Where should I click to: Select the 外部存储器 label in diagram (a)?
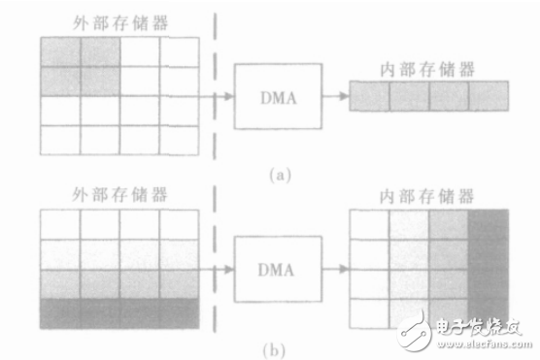coord(119,21)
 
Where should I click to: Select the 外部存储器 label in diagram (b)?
coord(119,194)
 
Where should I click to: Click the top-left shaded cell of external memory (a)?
coord(59,51)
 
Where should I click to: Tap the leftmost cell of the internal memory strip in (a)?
coord(370,95)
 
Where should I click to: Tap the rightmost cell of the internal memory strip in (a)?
coord(489,95)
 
